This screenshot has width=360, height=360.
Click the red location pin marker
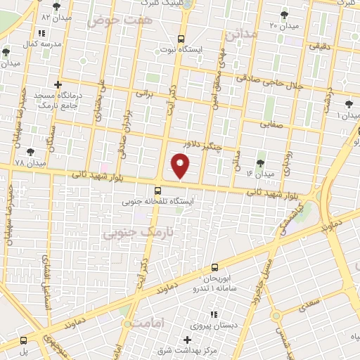[x=181, y=166]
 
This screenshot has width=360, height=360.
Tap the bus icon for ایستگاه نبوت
[x=181, y=39]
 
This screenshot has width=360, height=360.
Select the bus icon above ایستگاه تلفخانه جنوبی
[x=157, y=190]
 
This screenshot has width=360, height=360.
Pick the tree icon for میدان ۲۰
[x=284, y=15]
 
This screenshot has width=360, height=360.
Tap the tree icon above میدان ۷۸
[x=30, y=151]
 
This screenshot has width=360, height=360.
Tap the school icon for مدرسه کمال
[x=42, y=33]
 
